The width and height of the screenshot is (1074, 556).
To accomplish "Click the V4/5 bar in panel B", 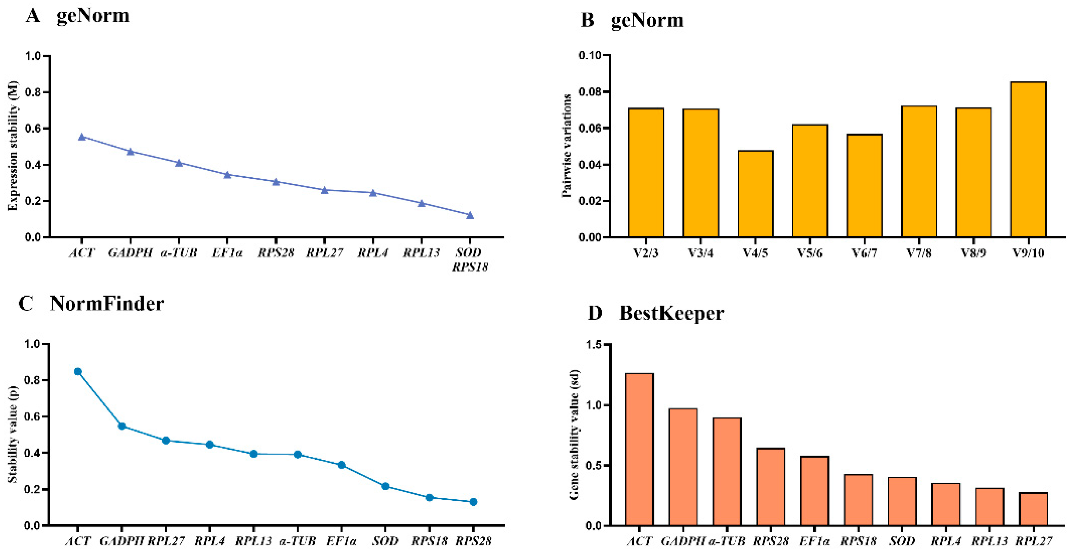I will [755, 194].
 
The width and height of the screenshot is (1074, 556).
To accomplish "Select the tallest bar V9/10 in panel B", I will [1028, 160].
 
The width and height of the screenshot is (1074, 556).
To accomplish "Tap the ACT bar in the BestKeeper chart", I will [639, 449].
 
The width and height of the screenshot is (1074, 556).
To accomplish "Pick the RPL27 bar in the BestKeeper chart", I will [1033, 509].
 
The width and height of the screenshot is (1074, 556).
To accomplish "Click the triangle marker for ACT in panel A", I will [82, 137].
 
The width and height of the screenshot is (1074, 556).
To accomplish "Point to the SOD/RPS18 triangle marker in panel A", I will [470, 215].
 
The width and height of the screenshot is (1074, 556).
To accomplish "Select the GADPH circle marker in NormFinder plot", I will [122, 426].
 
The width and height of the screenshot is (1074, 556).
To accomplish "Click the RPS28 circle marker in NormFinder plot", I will [473, 502].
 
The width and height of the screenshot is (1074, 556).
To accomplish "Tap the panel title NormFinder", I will [107, 304].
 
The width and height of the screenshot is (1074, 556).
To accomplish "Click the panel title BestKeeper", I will [671, 313].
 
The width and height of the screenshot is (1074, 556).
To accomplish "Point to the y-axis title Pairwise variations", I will [566, 146].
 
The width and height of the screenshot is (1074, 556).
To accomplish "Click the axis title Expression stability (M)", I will [13, 146].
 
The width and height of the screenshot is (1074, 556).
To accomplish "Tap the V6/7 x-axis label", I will [864, 253].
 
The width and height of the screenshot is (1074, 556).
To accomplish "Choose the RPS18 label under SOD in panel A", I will [470, 267].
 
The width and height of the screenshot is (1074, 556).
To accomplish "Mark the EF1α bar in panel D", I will [814, 491].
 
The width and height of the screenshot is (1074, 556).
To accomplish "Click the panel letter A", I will [33, 16].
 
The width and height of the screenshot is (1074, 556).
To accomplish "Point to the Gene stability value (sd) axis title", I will [574, 434].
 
